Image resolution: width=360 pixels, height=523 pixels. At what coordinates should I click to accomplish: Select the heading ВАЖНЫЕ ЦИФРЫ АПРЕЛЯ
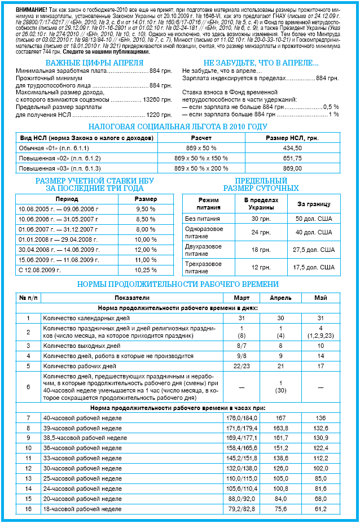94,63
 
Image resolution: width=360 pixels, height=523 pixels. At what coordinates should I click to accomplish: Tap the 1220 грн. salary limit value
159,115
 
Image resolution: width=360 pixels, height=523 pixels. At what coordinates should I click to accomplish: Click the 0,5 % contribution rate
331,106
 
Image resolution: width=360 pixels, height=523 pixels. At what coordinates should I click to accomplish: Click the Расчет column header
201,138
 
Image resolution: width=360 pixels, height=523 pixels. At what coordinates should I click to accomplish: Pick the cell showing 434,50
292,147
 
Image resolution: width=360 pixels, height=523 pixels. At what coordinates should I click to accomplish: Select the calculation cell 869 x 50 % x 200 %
201,168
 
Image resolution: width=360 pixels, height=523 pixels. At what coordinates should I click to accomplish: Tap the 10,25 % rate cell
146,270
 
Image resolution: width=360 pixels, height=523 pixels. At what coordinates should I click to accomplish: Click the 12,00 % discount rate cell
146,250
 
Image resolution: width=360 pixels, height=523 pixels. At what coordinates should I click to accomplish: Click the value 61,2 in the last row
321,509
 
